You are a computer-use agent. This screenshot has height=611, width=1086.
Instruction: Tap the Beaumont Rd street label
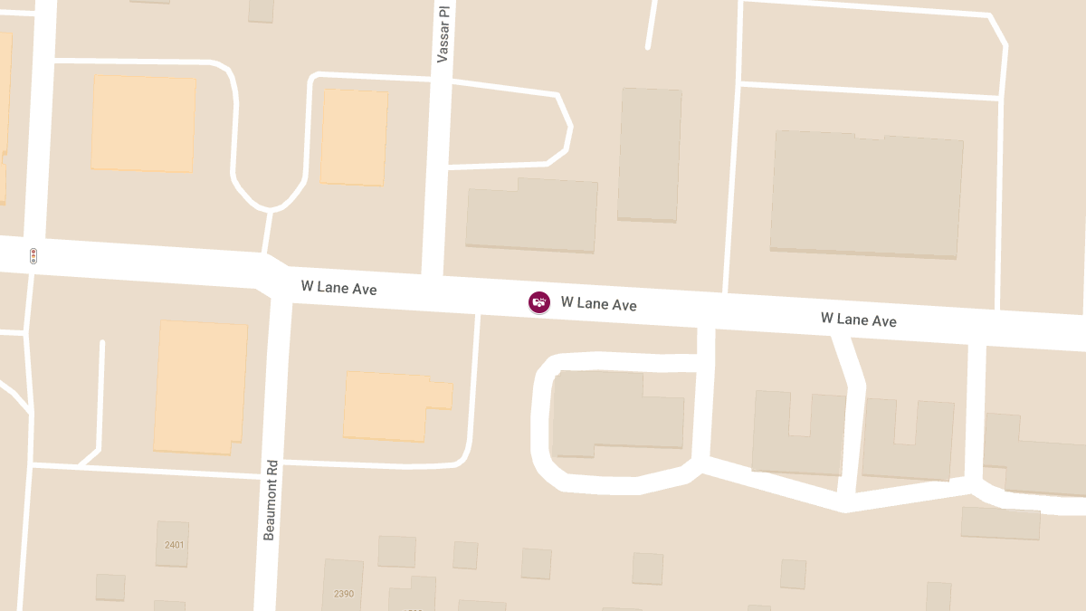point(269,500)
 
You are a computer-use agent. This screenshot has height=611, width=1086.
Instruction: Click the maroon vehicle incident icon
point(539,302)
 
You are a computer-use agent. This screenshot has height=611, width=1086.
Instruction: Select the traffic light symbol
point(33,256)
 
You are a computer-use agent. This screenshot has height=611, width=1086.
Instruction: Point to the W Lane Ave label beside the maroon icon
point(598,304)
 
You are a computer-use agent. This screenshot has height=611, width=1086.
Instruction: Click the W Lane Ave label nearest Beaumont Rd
point(338,288)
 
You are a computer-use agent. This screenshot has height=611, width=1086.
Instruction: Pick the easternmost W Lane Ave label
point(858,319)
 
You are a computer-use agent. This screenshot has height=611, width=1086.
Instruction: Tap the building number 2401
point(174,545)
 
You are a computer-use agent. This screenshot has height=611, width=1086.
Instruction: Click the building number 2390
point(344,594)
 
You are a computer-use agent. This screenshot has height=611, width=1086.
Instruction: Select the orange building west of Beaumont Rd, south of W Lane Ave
point(200,387)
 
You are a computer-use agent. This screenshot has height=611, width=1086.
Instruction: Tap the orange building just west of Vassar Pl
point(354,138)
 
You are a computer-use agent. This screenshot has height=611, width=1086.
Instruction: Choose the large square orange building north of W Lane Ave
point(143,124)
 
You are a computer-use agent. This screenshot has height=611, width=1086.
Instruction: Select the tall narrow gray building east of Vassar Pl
point(649,154)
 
